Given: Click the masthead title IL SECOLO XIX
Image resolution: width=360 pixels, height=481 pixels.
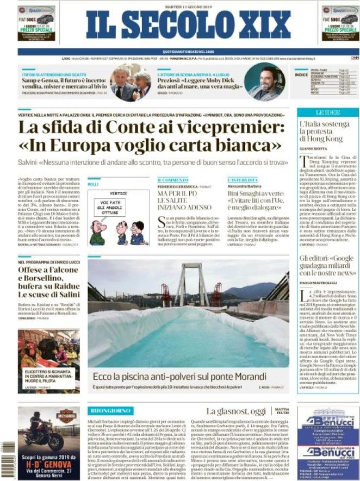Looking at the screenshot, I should tap(179, 24).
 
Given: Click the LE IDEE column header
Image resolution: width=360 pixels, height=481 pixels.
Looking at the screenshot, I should tap(327, 114).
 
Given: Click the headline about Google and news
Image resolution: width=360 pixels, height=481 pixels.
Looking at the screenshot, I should tap(327, 265).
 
